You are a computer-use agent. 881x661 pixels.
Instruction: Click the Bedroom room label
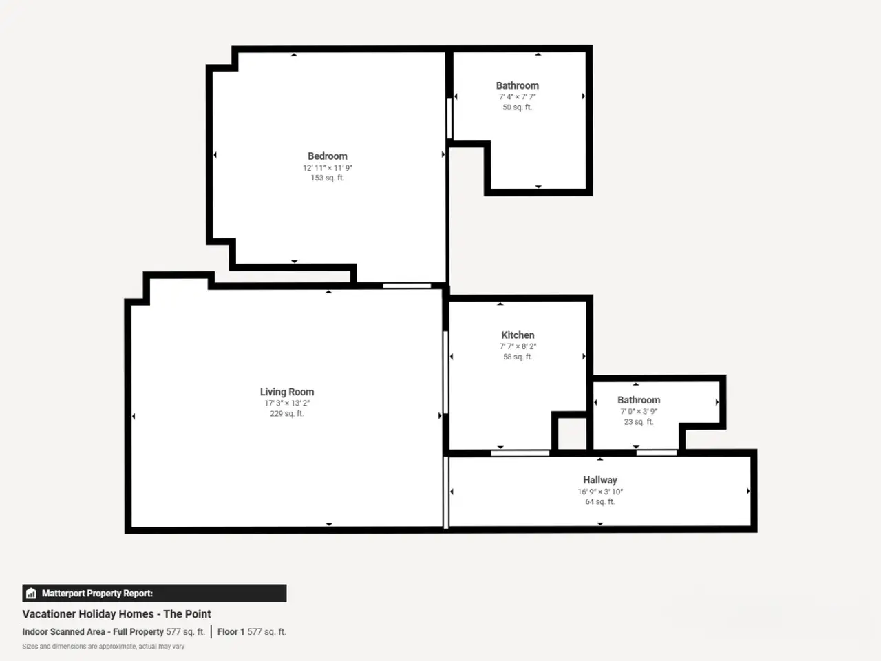[328, 156]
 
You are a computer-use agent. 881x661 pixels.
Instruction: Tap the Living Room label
[287, 392]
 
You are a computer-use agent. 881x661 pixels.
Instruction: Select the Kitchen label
[518, 335]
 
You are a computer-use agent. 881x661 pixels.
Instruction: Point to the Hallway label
[600, 480]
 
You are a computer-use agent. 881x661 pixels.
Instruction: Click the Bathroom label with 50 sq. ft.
[518, 85]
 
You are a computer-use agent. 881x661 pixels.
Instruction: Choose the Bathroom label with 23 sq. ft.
[639, 400]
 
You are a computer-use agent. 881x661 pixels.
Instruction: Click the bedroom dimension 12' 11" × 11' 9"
[328, 168]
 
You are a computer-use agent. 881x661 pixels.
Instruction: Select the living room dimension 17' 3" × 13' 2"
[287, 403]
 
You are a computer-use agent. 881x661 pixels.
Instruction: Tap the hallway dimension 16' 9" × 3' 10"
[600, 492]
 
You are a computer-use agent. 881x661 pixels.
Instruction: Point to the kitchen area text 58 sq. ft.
[518, 357]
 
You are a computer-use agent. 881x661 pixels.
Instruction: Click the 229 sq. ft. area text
[287, 414]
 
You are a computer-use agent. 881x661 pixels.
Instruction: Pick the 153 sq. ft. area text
[328, 178]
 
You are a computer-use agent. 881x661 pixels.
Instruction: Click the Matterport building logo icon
[31, 593]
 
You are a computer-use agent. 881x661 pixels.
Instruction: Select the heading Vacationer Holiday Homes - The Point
[116, 614]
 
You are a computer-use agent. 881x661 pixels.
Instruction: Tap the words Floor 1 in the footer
[231, 631]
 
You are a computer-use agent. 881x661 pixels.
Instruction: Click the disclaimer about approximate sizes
[103, 647]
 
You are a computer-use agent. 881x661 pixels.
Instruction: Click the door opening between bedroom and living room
[407, 286]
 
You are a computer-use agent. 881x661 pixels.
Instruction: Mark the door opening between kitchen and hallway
[520, 453]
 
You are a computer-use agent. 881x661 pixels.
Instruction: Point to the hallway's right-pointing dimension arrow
[748, 491]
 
